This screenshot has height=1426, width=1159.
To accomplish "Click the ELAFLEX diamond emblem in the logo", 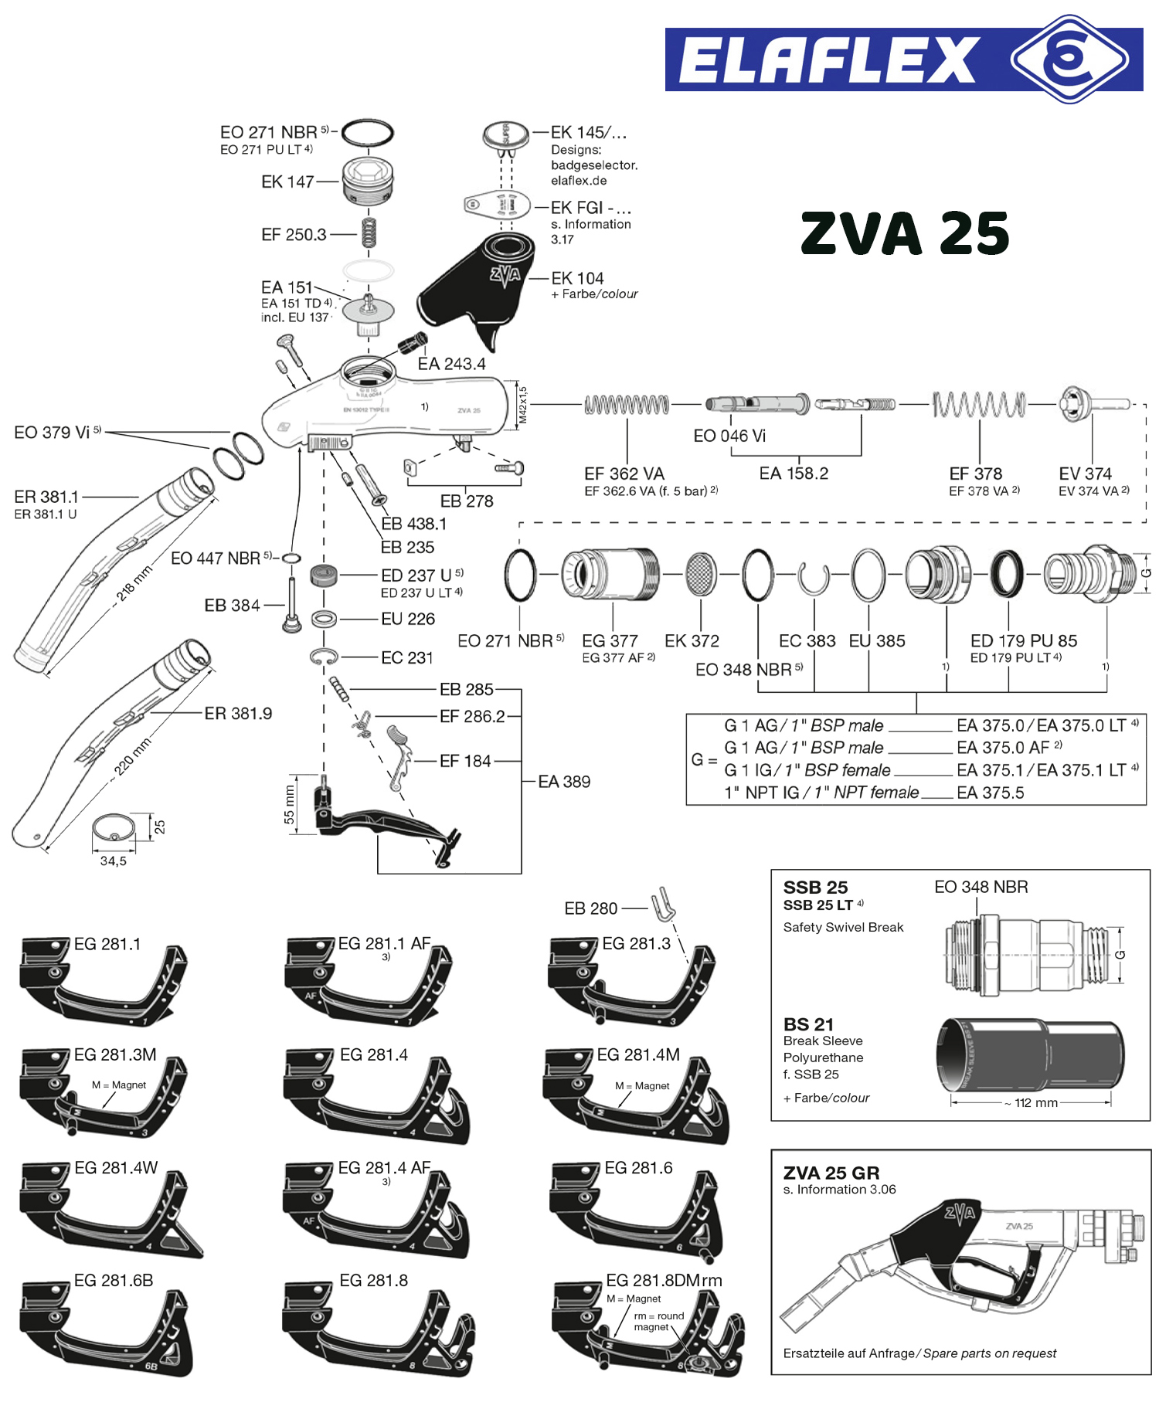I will pos(1069,59).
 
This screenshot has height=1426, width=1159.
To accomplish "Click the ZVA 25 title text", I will pos(905,233).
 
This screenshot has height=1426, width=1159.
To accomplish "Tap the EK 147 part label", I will pos(287,182).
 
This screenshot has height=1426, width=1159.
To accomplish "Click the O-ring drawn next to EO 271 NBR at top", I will pos(368,133).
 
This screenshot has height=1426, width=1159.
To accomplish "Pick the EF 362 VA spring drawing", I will pos(627,404).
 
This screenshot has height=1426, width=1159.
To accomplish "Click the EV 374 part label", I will pos(1085,474).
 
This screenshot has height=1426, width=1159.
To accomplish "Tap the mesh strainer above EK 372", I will pos(701,575).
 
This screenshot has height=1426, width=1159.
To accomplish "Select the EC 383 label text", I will pos(807,641).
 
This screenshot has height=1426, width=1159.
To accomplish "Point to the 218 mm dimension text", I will pos(134,584).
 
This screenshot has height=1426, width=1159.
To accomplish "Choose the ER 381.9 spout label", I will pos(238,714).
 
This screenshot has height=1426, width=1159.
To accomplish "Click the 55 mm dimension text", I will pos(289,804).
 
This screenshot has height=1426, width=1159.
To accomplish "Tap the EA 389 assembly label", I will pos(564,782).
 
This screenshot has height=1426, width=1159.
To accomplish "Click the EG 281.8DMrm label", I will pos(664,1280).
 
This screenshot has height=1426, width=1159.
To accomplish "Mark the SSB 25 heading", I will pos(815,888).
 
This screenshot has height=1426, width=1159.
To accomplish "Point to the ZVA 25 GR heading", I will pos(831,1173).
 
